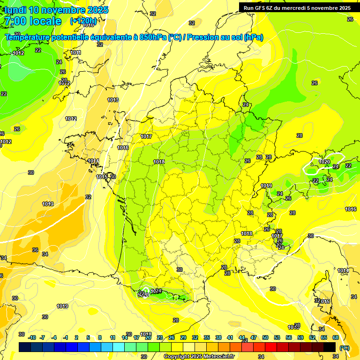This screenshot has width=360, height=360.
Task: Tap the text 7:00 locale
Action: [x=32, y=21]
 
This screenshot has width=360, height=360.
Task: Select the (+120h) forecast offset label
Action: [x=83, y=21]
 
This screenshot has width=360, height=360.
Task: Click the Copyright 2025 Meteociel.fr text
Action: [x=199, y=357]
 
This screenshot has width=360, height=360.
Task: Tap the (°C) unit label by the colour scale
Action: [x=344, y=348]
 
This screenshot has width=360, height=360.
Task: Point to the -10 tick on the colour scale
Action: [x=32, y=337]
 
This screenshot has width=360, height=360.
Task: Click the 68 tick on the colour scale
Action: [x=336, y=337]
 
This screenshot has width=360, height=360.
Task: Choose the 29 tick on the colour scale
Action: [x=183, y=337]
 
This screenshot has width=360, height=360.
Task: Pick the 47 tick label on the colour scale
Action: [x=254, y=337]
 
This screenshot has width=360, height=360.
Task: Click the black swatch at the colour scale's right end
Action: [x=330, y=347]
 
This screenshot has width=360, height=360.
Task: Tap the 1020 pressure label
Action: [x=324, y=162]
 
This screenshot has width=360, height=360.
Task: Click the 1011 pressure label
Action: [x=76, y=53]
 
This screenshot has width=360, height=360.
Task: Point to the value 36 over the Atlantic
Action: [x=35, y=250]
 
